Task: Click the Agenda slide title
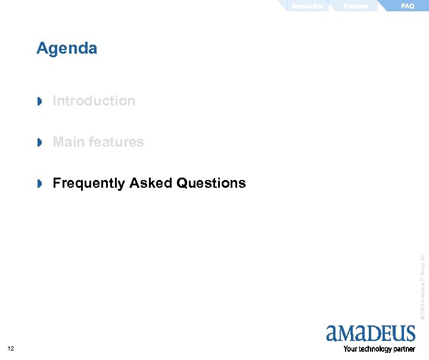click(x=67, y=48)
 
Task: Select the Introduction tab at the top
click(x=307, y=6)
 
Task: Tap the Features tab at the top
click(x=356, y=6)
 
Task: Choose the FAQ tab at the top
click(x=408, y=6)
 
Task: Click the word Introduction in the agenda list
click(x=94, y=101)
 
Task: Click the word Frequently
click(x=89, y=183)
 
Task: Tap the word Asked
click(x=151, y=183)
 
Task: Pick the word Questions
click(x=211, y=183)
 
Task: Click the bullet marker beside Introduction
click(x=41, y=101)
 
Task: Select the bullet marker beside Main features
click(x=41, y=142)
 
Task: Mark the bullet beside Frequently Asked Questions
click(x=41, y=184)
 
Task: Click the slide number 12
click(x=11, y=349)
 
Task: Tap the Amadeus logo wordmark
click(x=371, y=333)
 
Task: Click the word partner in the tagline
click(x=403, y=349)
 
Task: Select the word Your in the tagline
click(x=350, y=349)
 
